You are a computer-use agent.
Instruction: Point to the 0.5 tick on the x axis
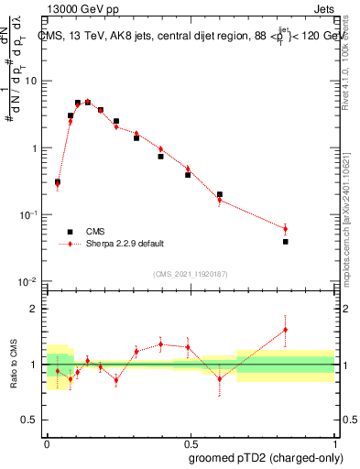point(190,442)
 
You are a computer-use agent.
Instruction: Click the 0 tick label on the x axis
point(46,442)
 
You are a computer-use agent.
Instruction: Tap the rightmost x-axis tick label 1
point(333,442)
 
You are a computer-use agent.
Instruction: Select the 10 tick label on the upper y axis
point(33,81)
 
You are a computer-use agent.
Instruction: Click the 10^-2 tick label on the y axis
point(29,281)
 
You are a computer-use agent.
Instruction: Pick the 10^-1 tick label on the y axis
point(29,214)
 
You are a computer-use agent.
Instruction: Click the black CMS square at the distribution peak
point(88,103)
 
